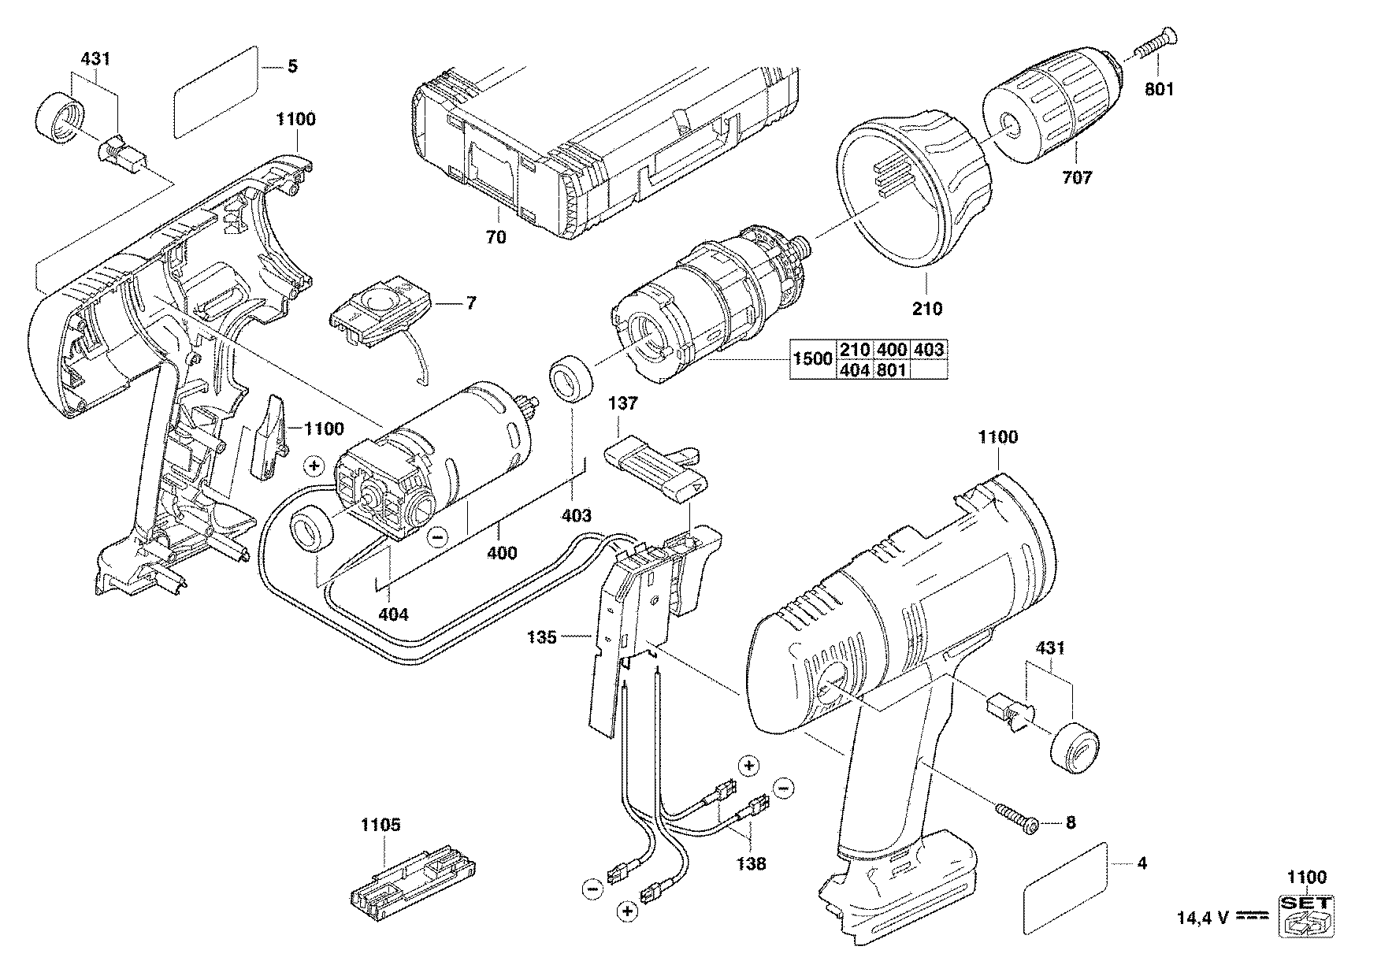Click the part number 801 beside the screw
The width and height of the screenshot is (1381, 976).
[x=1159, y=90]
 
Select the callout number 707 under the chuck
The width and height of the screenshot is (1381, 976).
[x=1077, y=177]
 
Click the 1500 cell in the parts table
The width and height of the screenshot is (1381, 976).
[x=813, y=358]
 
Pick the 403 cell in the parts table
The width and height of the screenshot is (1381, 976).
[x=930, y=350]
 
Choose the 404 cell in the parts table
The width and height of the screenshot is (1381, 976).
[x=854, y=369]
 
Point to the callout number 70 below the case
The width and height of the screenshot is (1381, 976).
[x=496, y=236]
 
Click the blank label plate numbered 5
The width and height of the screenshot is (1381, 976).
[x=216, y=92]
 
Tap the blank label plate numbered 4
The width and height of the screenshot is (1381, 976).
[x=1065, y=889]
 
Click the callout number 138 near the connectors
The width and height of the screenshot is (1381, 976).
[x=751, y=863]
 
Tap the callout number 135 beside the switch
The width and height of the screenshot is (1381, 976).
[x=543, y=636]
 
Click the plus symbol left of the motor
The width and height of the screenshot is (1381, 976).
[x=314, y=466]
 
